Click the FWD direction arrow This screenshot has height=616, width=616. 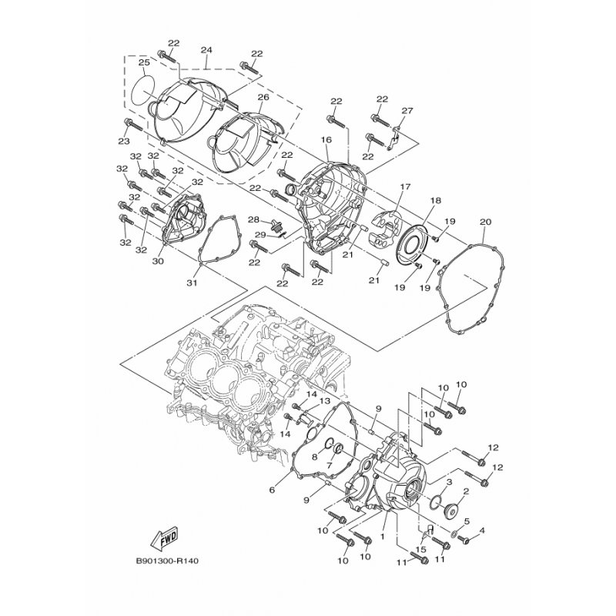pyautogui.click(x=165, y=536)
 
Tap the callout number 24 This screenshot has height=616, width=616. pyautogui.click(x=206, y=50)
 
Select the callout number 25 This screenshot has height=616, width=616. pyautogui.click(x=144, y=62)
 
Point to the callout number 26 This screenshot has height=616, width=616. pyautogui.click(x=263, y=98)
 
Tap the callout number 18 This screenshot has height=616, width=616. pyautogui.click(x=436, y=200)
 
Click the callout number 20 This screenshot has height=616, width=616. pyautogui.click(x=484, y=222)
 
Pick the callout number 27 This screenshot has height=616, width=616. pyautogui.click(x=407, y=111)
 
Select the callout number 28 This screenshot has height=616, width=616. pyautogui.click(x=253, y=220)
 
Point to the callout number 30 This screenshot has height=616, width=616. pyautogui.click(x=159, y=262)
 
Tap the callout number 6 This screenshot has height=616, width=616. pyautogui.click(x=272, y=490)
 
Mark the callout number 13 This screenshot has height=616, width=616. pyautogui.click(x=324, y=402)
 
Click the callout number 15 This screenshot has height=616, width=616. pyautogui.click(x=420, y=549)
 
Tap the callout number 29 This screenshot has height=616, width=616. pyautogui.click(x=261, y=234)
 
